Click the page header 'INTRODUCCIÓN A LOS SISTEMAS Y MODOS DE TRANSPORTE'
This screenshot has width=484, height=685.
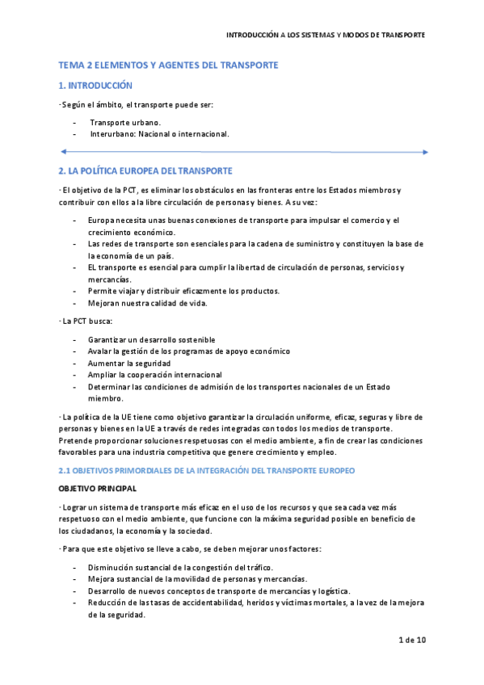point(325,36)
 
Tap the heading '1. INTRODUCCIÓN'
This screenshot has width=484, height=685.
point(95,85)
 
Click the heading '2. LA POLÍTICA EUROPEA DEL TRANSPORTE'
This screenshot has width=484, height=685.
point(145,170)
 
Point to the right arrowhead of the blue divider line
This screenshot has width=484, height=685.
point(425,151)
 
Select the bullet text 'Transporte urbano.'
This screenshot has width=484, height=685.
point(125,122)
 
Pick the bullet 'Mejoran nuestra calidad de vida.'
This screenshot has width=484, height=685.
point(148,303)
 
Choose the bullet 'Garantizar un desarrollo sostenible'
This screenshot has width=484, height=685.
point(152,339)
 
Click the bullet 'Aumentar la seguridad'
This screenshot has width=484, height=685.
point(129,364)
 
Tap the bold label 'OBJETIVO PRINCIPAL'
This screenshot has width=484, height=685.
point(98,489)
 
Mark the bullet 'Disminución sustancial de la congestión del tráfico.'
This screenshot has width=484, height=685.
point(180,567)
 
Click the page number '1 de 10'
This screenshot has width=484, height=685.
point(412,641)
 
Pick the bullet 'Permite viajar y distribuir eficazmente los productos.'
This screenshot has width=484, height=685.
point(185,291)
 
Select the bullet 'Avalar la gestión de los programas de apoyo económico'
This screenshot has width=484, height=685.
point(189,351)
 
